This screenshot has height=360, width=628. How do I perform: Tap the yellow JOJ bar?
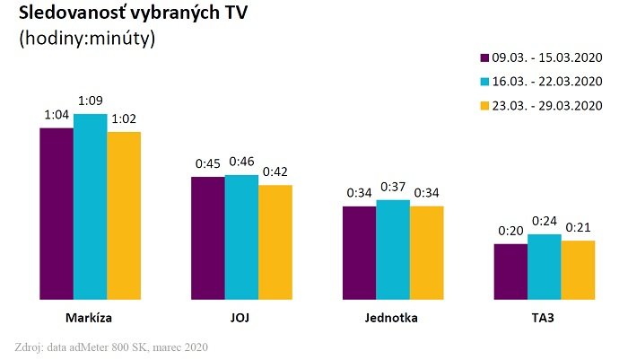click(275, 241)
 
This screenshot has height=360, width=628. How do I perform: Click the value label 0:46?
click(241, 161)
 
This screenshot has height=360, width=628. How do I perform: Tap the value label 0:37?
click(392, 186)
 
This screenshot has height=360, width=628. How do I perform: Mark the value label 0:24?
click(544, 220)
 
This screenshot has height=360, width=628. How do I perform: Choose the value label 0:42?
click(275, 171)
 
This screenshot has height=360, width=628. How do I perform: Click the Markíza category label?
click(89, 318)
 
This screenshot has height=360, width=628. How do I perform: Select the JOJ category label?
click(241, 318)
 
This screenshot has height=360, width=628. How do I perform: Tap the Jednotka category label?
click(392, 318)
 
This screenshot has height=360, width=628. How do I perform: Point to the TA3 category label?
click(544, 318)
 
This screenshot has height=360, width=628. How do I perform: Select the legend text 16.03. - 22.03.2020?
click(546, 82)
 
